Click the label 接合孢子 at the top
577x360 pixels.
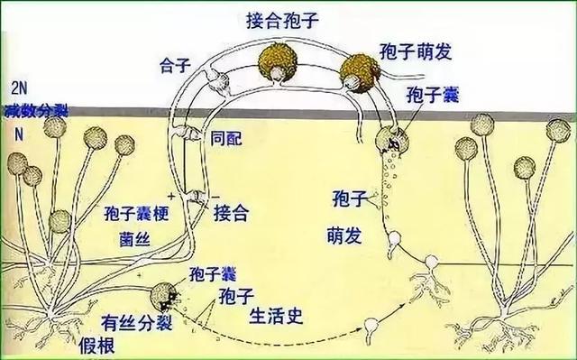tap(282, 21)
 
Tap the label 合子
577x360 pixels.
tap(175, 65)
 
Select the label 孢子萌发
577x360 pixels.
tap(416, 51)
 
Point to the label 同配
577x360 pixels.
tap(226, 138)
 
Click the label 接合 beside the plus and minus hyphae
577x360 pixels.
tap(232, 212)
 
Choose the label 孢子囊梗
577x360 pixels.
tap(136, 213)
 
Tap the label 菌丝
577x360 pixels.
tap(134, 239)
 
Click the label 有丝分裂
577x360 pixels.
tap(137, 323)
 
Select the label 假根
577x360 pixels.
tap(96, 346)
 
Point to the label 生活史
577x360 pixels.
tap(276, 316)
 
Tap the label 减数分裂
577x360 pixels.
tap(35, 110)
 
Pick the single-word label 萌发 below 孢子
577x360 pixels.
tap(344, 235)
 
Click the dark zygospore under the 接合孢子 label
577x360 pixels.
tap(278, 62)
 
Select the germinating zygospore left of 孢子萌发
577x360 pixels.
tap(360, 73)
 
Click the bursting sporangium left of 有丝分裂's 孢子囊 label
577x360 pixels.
tap(164, 297)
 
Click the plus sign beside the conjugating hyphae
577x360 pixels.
tap(170, 195)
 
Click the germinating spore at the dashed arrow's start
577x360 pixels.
tap(370, 327)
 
